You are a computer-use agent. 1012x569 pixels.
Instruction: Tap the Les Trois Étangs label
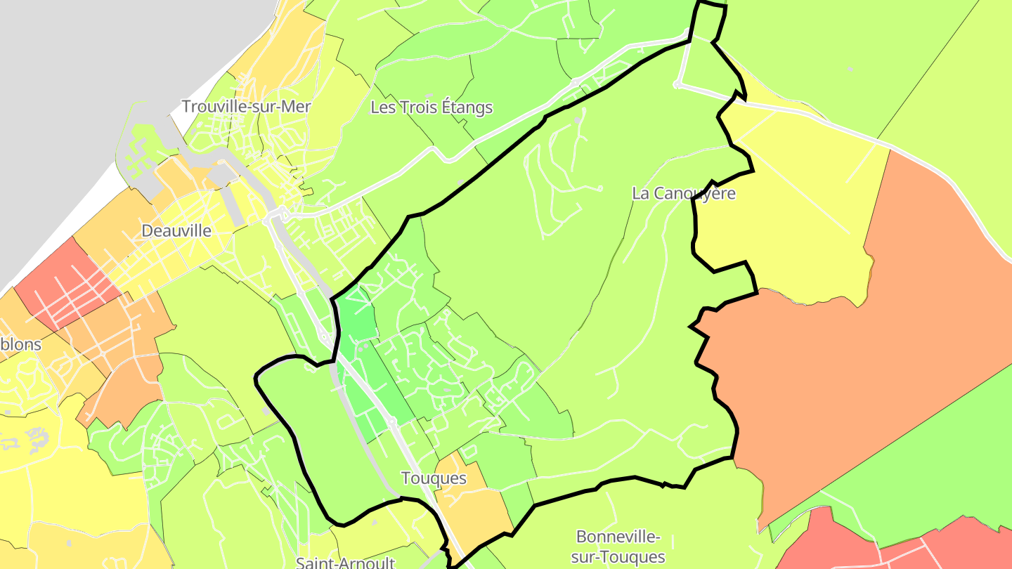pos(432,107)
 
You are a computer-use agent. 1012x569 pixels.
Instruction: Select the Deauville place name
pos(176,230)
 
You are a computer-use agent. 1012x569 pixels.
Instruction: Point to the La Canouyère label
pos(683,193)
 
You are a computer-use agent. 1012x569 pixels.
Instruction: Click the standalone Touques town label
pos(434,478)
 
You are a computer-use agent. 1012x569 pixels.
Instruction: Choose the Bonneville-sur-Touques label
pos(618,547)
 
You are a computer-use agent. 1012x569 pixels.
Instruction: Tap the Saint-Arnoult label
pos(345,563)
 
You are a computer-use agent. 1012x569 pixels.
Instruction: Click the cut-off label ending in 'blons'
pos(21,345)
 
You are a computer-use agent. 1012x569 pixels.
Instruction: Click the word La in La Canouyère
pos(640,193)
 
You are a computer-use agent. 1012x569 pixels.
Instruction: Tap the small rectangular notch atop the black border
pos(708,21)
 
